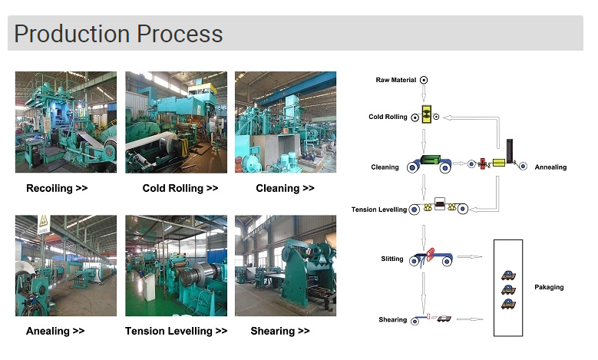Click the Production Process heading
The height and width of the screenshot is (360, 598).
tap(118, 34)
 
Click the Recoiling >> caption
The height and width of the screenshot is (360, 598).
tap(57, 188)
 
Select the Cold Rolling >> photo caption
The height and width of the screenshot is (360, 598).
tap(180, 188)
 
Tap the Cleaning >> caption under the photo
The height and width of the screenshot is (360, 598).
tap(286, 188)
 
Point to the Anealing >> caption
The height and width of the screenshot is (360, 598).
tap(55, 331)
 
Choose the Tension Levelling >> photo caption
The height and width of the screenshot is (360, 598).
tap(177, 331)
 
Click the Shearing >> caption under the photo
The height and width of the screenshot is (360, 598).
tap(280, 331)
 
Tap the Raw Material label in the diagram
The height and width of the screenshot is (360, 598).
tap(396, 80)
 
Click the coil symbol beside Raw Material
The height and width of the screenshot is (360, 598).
tap(424, 80)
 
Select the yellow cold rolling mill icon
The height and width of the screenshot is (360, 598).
tap(426, 114)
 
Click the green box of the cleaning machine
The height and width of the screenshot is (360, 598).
tap(431, 160)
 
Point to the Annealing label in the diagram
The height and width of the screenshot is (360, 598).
tap(550, 167)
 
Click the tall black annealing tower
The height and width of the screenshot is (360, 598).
tap(510, 151)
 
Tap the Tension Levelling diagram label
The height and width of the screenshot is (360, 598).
tap(379, 210)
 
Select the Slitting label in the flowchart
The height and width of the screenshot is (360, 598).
tap(392, 259)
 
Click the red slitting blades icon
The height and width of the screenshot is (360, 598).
tap(430, 254)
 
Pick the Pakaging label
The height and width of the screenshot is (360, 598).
tap(549, 287)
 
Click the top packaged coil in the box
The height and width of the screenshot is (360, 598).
tap(508, 275)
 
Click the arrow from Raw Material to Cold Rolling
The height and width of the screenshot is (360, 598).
tap(423, 94)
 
